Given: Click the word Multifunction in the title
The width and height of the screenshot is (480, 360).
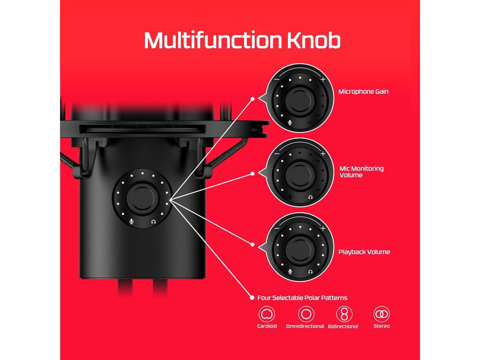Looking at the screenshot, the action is point(213,40).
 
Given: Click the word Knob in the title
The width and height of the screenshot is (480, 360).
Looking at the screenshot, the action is point(314,40).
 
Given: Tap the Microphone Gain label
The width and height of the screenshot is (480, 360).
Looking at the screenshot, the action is point(364,92).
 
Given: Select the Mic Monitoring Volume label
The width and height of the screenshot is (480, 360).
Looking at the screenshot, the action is point(361,172).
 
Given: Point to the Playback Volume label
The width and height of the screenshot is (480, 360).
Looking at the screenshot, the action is point(364,252).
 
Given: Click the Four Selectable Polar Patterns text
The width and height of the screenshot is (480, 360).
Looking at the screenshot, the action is point(302,298).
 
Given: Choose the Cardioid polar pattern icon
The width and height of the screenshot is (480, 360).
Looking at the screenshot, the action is point(266,314).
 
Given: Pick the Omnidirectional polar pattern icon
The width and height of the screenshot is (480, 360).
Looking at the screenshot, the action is point(306,314).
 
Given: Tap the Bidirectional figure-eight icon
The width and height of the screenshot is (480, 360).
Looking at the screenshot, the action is point(344,314).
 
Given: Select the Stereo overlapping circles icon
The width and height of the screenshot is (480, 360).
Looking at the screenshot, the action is point(382,314).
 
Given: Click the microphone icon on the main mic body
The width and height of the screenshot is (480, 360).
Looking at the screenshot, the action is point(131,221).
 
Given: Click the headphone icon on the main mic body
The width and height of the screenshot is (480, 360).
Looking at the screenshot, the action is point(154,221).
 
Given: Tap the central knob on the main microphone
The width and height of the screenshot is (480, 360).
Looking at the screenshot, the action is point(142,199).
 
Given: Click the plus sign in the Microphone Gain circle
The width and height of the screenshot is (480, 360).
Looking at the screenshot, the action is point(323,80).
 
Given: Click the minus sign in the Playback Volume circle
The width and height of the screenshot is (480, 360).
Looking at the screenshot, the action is point(277,229).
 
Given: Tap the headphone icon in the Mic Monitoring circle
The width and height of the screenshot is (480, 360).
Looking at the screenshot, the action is point(310,197).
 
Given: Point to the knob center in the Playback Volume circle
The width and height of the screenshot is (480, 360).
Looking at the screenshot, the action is point(299,250).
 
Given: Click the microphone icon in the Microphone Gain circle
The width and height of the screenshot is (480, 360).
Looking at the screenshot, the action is point(290,123).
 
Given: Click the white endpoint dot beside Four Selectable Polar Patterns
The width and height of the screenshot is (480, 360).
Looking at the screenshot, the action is point(252,298).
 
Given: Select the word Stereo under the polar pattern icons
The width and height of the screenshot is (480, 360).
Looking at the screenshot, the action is point(382,326).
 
